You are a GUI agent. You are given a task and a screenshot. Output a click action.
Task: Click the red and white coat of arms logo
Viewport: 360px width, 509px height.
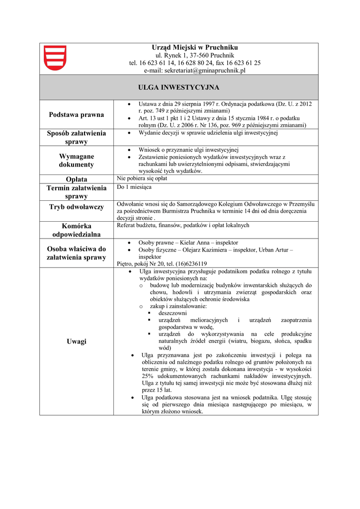(55, 58)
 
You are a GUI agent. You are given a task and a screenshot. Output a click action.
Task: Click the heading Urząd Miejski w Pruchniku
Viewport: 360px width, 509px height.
(195, 47)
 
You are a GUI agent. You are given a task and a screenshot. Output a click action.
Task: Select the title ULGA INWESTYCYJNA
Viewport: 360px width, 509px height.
(179, 87)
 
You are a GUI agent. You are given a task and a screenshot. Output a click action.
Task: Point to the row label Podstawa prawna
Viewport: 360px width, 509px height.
(76, 115)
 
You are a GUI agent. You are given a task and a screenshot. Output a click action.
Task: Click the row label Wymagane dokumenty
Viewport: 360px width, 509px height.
(76, 161)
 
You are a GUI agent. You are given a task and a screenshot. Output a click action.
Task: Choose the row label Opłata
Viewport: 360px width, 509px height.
(76, 179)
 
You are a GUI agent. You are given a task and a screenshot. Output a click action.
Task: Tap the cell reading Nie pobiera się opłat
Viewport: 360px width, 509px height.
(142, 178)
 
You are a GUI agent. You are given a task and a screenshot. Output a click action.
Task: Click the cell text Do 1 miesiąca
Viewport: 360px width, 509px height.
(134, 187)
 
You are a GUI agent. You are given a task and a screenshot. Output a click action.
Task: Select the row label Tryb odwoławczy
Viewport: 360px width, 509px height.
(76, 207)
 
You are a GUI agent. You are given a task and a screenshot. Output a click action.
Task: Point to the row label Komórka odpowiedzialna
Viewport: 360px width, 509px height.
(76, 230)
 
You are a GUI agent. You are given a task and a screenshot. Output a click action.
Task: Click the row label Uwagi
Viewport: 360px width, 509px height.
(76, 341)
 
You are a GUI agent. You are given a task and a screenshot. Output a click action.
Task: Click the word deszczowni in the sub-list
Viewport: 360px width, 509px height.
(173, 314)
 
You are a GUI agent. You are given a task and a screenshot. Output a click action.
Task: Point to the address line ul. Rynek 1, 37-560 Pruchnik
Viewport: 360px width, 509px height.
(195, 55)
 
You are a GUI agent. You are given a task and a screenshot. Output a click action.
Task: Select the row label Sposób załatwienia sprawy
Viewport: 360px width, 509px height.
(76, 137)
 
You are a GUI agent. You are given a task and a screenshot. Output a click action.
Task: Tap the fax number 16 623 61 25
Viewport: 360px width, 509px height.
(244, 63)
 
